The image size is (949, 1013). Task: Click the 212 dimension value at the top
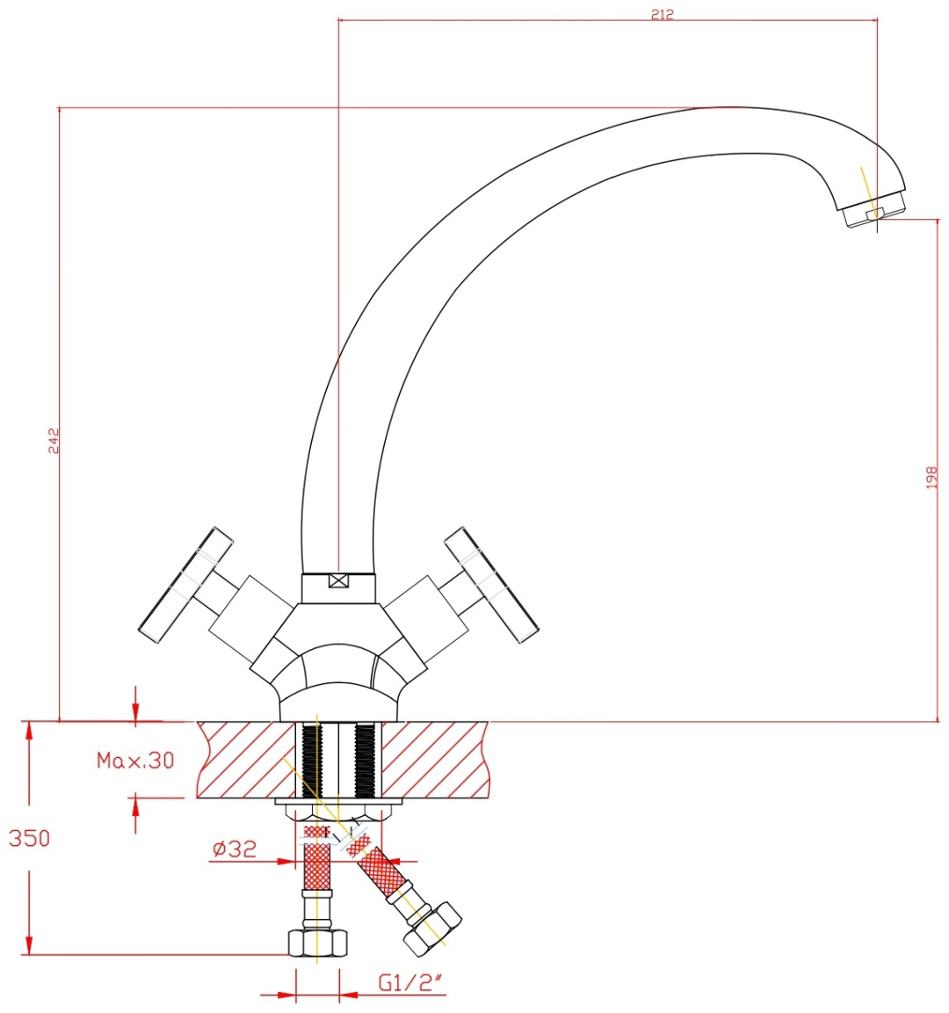click(x=663, y=13)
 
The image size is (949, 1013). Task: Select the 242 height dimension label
click(x=54, y=440)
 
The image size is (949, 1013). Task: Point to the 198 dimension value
click(x=931, y=477)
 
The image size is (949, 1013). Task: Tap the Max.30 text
click(x=135, y=760)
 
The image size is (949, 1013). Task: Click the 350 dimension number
click(x=29, y=838)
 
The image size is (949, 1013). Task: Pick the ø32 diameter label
click(x=235, y=848)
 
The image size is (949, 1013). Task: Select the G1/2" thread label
click(x=410, y=982)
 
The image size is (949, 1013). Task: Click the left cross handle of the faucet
click(x=186, y=585)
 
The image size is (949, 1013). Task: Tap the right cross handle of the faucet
click(x=492, y=585)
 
